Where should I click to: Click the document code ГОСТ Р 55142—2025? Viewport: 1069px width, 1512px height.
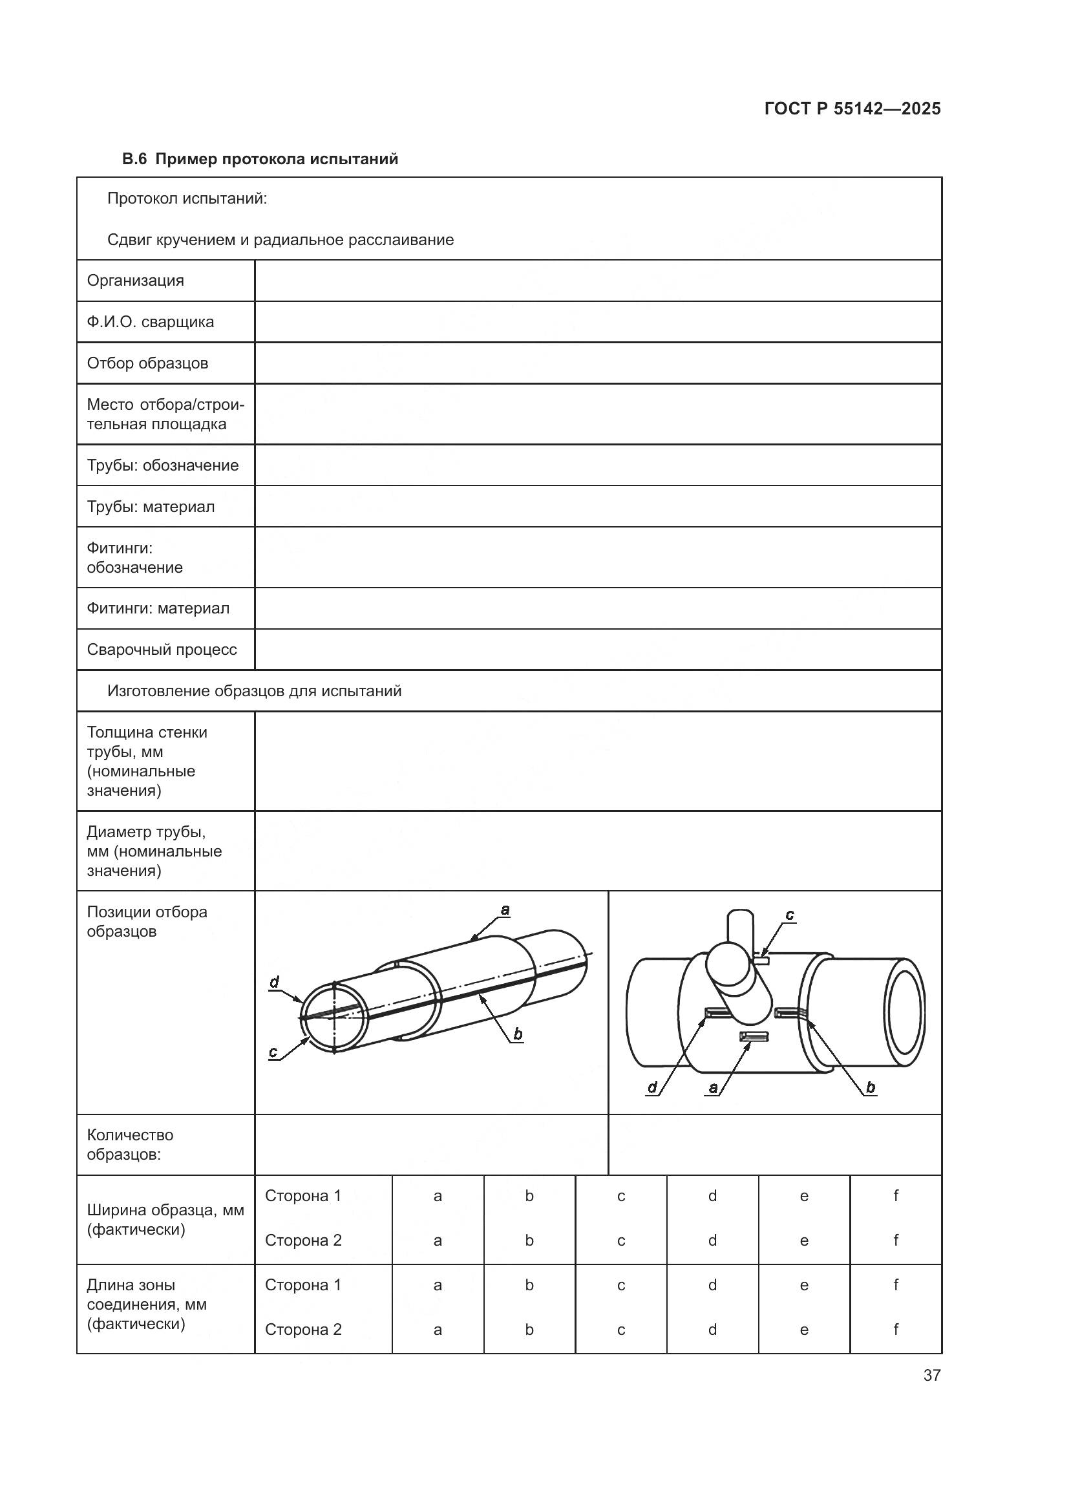click(x=852, y=109)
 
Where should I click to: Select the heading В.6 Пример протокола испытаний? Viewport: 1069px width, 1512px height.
click(x=260, y=160)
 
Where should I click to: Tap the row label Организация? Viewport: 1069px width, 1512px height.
click(x=136, y=281)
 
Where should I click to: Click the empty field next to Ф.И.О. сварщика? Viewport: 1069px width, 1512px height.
click(x=598, y=322)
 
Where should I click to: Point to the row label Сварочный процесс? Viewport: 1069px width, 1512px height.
click(x=162, y=649)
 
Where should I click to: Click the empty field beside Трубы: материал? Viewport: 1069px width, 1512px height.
click(x=598, y=506)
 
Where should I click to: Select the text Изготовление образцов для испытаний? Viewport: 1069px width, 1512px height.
click(x=254, y=691)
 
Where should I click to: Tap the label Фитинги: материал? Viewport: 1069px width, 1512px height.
click(x=158, y=608)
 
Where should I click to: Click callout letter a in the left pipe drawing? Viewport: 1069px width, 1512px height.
click(x=505, y=910)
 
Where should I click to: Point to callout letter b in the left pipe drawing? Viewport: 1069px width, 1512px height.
click(x=518, y=1034)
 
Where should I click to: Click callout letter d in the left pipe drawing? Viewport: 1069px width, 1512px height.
click(x=275, y=983)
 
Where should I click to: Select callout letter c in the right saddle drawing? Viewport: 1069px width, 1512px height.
click(x=790, y=915)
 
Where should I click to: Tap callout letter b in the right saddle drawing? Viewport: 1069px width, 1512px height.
click(x=870, y=1087)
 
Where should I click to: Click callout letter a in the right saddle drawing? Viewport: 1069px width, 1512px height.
click(x=713, y=1088)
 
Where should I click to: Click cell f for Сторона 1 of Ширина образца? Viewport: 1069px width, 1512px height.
click(x=895, y=1195)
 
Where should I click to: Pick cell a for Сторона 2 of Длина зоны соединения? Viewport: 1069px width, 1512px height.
click(x=438, y=1329)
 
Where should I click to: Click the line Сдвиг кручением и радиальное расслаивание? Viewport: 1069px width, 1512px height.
click(x=280, y=240)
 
